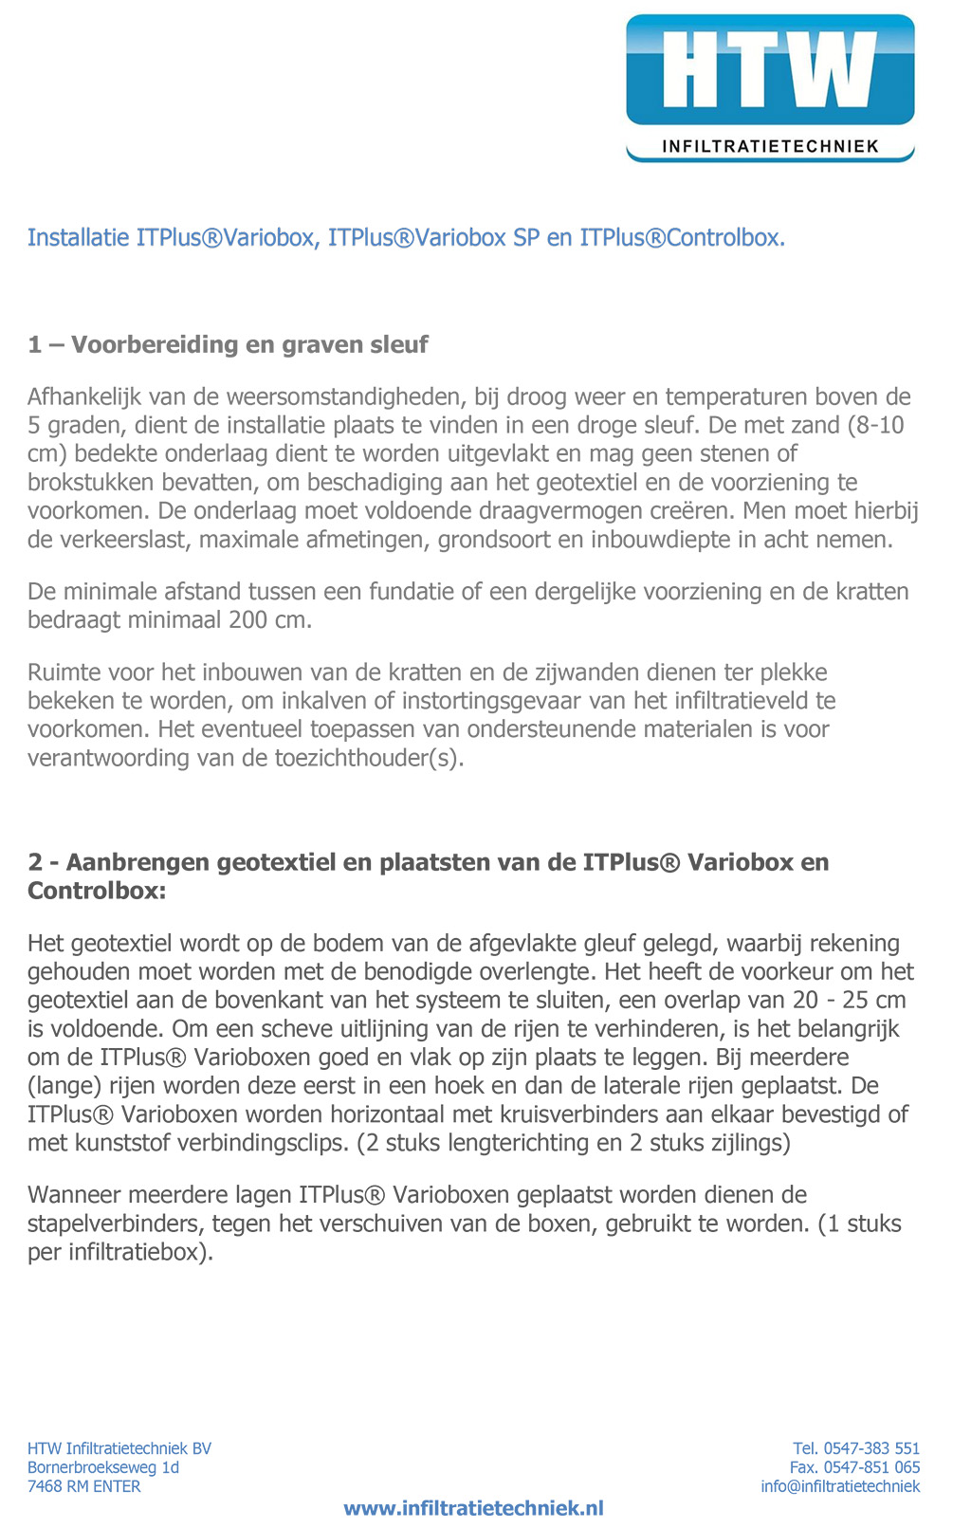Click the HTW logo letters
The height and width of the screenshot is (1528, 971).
769,70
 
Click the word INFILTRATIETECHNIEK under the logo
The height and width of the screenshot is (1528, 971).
770,146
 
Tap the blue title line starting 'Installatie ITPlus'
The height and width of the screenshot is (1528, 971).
406,237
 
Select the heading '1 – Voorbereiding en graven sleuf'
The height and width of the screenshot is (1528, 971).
228,344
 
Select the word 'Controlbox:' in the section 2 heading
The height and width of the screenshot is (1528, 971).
97,891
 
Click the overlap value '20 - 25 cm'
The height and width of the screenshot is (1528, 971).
850,1000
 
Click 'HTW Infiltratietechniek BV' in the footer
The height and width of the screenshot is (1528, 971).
119,1448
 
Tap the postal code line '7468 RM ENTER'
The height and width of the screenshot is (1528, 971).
84,1486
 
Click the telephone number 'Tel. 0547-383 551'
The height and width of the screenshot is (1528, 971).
856,1448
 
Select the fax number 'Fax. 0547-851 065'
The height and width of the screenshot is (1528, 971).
854,1467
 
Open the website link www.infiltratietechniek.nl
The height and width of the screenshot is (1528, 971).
473,1508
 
